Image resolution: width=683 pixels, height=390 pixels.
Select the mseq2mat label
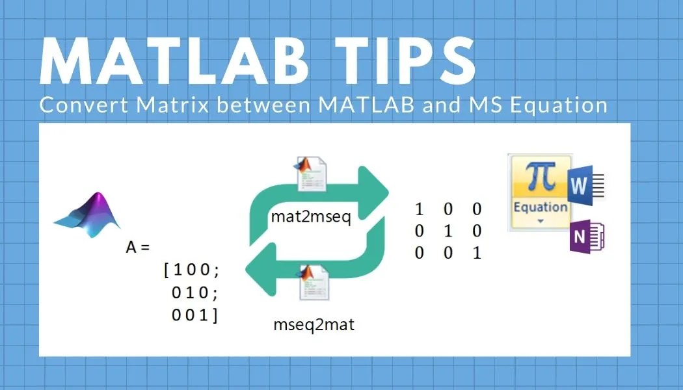point(314,324)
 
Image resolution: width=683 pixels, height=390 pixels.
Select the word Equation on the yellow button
point(540,207)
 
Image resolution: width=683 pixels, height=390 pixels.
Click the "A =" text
point(137,248)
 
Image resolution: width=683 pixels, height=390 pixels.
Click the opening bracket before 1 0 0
point(167,270)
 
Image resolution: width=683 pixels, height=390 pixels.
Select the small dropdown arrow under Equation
point(539,221)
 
